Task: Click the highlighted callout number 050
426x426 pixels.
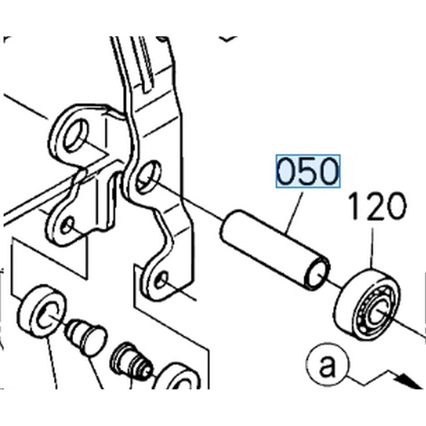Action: tap(308, 171)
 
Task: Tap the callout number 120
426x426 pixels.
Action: tap(377, 207)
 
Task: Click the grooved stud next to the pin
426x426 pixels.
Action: tap(131, 361)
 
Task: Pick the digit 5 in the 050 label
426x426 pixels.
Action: tap(308, 171)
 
